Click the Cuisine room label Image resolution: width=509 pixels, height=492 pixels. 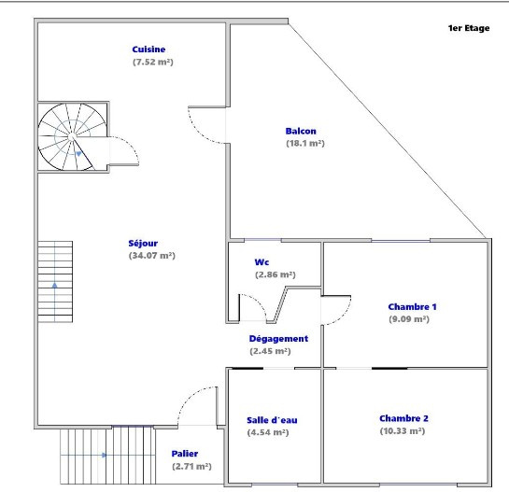tap(148, 49)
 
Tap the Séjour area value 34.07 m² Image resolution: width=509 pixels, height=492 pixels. tap(152, 256)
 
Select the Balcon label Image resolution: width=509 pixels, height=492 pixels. tap(301, 131)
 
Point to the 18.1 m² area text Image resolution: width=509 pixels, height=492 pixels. tap(305, 143)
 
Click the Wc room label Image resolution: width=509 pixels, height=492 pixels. tap(262, 262)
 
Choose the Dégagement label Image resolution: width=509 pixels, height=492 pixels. tap(278, 339)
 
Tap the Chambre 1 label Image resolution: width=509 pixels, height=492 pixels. tap(412, 307)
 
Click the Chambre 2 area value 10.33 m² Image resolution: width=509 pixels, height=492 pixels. tap(403, 430)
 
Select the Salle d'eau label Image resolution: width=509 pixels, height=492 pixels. tap(272, 420)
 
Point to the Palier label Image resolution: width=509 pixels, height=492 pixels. tap(185, 454)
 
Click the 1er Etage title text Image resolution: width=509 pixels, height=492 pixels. tap(469, 28)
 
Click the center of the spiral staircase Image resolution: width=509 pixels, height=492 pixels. tap(71, 137)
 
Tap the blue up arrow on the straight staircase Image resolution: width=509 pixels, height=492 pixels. tap(54, 285)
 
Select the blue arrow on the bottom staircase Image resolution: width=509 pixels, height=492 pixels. tap(105, 455)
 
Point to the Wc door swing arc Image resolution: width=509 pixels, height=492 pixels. tap(259, 302)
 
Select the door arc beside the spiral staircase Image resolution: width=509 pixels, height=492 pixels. tap(133, 145)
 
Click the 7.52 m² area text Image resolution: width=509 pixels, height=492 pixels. tap(153, 62)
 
